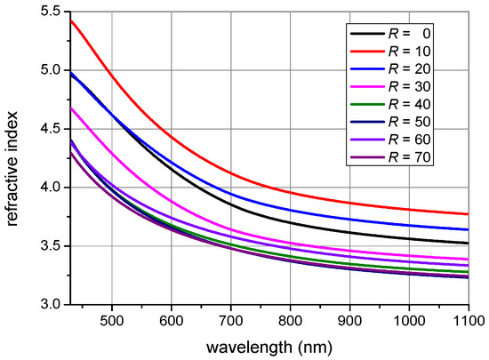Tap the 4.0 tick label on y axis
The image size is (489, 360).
(52, 188)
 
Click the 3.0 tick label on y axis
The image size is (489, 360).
(52, 305)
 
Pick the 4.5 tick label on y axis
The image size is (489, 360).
(52, 129)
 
